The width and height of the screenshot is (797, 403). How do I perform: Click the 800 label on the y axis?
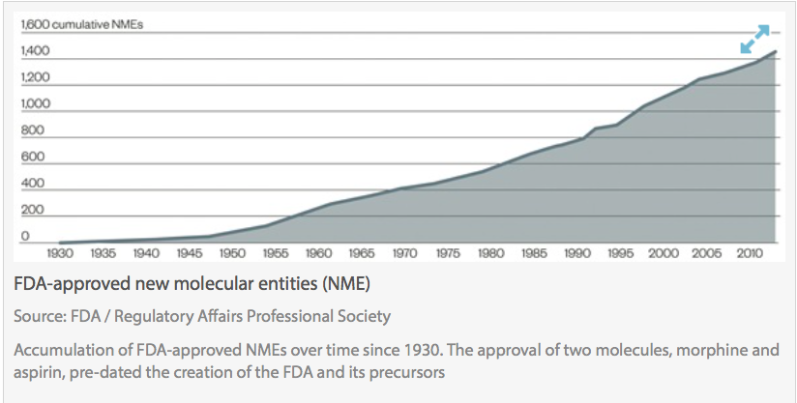[x=32, y=130]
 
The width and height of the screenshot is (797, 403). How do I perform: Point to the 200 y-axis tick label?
[x=32, y=210]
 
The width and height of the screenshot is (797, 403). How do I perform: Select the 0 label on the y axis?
[x=26, y=236]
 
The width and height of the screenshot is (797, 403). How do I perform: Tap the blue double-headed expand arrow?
[x=753, y=40]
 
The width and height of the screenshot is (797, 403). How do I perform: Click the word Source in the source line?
[x=37, y=316]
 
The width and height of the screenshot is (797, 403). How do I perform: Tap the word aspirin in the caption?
[x=38, y=372]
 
